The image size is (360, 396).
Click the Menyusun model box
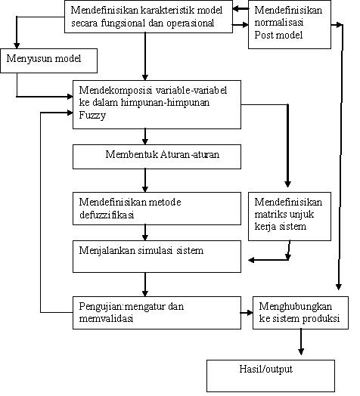coord(49,61)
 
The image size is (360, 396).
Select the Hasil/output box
coord(271,376)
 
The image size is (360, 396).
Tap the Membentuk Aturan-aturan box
coord(157,156)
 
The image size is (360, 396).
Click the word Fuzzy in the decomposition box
coord(92,116)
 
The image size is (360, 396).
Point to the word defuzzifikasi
coord(107,215)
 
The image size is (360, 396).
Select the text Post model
coord(278,35)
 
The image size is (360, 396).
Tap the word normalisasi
coord(279,22)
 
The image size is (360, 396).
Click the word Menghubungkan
coord(295,307)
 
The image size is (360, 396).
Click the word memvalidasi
coord(106,318)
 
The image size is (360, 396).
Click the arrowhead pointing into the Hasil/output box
coord(301,351)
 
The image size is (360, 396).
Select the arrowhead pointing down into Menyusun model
coord(17,45)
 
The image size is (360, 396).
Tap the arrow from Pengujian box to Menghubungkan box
coord(247,313)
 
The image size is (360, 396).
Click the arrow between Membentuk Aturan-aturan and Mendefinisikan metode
coord(145,181)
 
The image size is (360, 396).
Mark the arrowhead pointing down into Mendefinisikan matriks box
coord(287,184)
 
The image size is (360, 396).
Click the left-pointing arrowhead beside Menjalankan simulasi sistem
coord(252,260)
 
